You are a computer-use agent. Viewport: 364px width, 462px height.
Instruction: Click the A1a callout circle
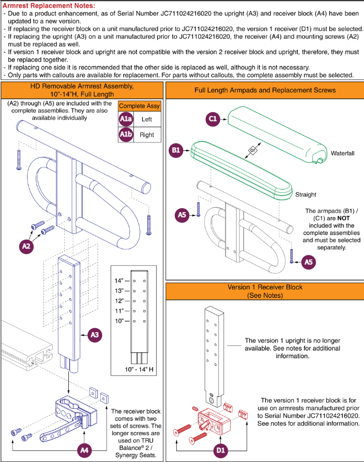coord(126,119)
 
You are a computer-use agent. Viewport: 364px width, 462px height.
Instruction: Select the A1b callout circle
coord(126,135)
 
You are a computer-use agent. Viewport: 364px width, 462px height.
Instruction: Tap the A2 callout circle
coord(28,246)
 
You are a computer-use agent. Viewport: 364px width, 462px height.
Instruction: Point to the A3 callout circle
coord(95,336)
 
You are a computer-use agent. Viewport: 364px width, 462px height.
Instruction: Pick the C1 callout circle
coord(213,119)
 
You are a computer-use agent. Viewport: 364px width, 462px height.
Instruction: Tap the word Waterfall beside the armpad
coord(343,154)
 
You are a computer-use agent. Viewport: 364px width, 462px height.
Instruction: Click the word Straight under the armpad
coord(305,194)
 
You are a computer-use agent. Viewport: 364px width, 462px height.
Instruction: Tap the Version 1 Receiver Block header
coord(264,291)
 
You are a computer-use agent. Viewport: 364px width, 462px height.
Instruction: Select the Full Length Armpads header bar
coord(264,90)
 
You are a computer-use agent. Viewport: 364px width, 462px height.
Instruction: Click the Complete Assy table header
coord(139,106)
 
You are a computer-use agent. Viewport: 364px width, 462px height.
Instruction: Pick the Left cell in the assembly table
coord(147,119)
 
